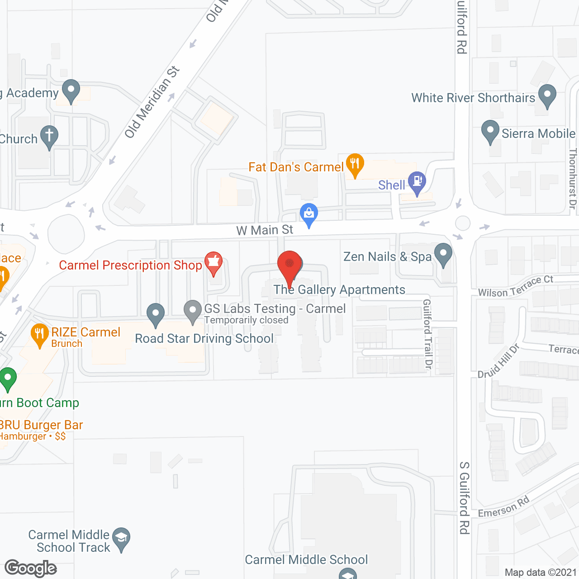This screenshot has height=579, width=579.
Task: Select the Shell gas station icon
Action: pos(417,182)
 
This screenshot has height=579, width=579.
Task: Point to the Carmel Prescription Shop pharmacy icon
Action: pos(214,262)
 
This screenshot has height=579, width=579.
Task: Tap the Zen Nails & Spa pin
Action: pos(443,254)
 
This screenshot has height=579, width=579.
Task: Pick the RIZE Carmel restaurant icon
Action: pos(40,334)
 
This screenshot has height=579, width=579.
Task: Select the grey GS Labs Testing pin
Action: pos(193,311)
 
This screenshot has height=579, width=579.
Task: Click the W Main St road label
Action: pos(265,230)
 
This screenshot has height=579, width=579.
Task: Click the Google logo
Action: pos(31,568)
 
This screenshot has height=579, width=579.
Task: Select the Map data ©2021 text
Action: pos(541,573)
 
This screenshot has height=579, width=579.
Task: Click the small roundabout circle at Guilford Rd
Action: pos(463,223)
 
